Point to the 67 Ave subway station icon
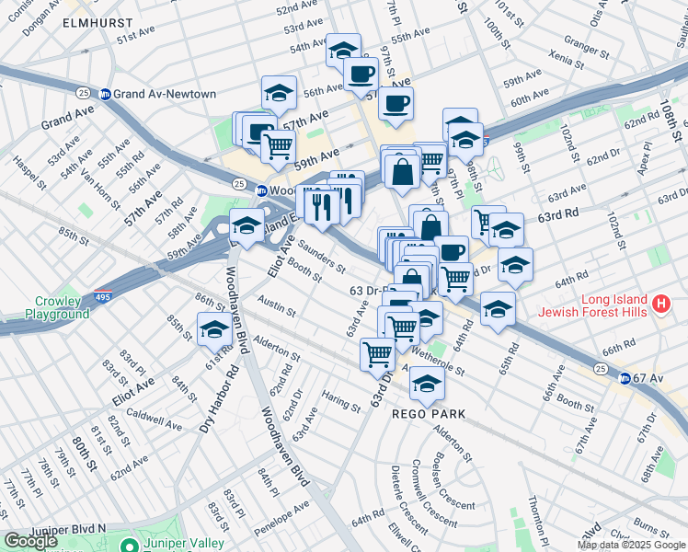pos(625,378)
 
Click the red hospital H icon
pos(659,303)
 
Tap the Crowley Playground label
pos(63,307)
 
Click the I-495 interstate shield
pos(103,298)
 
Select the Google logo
pos(30,541)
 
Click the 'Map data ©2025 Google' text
pos(631,545)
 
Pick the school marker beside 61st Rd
pos(214,328)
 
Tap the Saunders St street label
pos(321,259)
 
